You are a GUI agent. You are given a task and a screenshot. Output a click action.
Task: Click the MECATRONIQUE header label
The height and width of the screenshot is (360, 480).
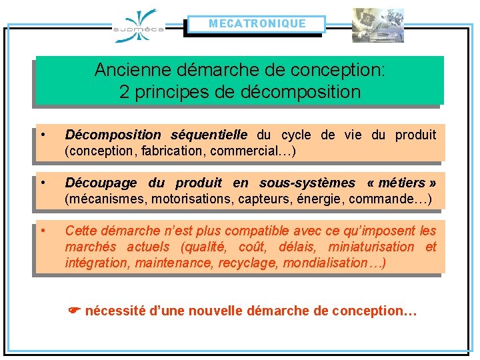point(257,24)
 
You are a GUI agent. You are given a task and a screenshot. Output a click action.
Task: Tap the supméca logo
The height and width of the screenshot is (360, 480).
point(139,26)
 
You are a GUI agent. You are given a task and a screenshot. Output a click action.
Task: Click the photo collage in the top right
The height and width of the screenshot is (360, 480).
point(378,25)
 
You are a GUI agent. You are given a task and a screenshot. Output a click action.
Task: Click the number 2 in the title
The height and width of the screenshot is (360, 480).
point(124,92)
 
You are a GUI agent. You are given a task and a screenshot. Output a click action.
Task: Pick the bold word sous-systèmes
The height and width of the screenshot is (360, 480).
point(307,183)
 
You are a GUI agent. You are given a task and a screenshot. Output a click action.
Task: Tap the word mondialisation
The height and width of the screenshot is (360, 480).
point(325,263)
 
